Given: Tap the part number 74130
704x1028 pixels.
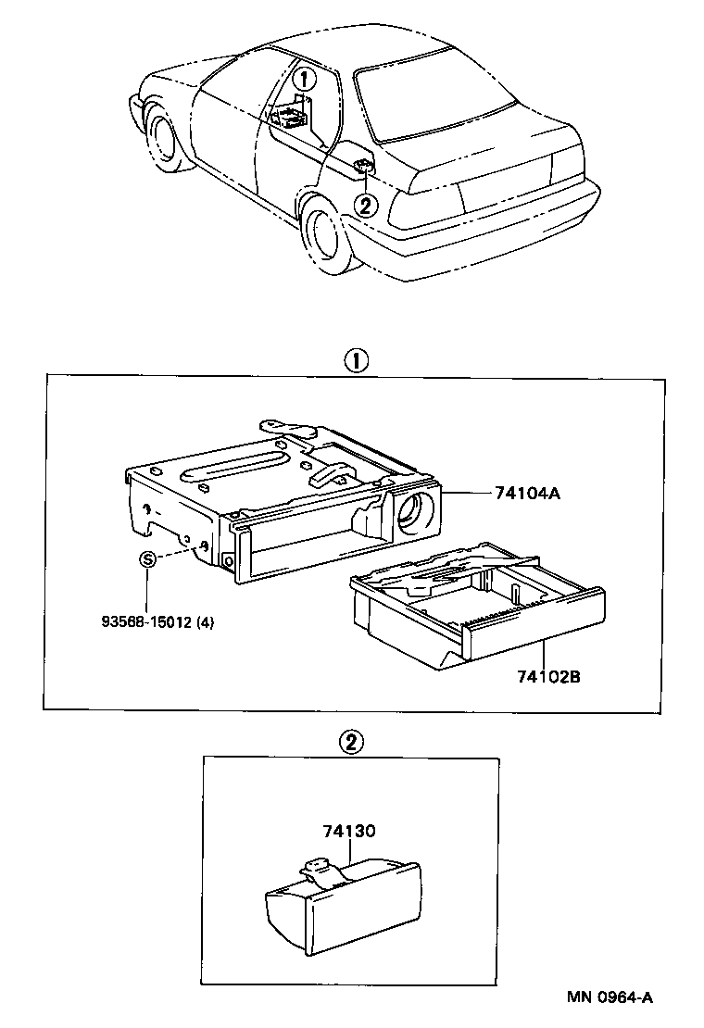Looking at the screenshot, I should [x=349, y=831].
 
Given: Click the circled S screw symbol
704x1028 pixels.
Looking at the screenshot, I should [x=146, y=559].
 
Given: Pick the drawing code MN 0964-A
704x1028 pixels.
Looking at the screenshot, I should [x=610, y=997].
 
